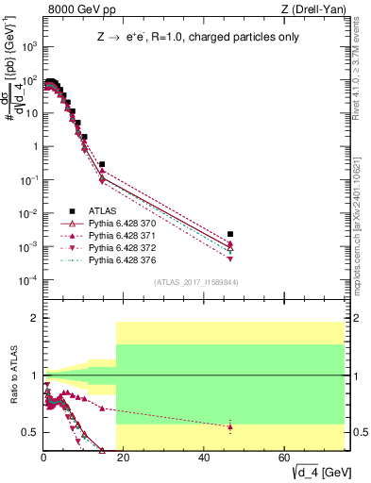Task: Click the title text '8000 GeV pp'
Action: pyautogui.click(x=74, y=8)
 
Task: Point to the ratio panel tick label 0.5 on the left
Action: pyautogui.click(x=29, y=432)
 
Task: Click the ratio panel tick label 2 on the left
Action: pyautogui.click(x=34, y=319)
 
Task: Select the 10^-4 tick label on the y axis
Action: pyautogui.click(x=27, y=280)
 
